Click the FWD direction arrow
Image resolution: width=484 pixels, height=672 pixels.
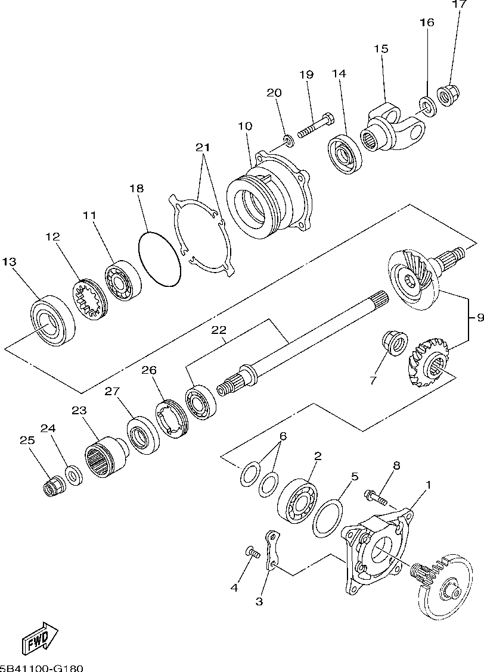pyautogui.click(x=40, y=639)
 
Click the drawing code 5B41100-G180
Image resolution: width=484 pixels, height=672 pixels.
pyautogui.click(x=42, y=667)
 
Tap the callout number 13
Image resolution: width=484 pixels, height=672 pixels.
pyautogui.click(x=9, y=262)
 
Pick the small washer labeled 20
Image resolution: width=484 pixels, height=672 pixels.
pyautogui.click(x=288, y=140)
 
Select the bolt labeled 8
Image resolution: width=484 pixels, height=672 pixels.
pyautogui.click(x=376, y=495)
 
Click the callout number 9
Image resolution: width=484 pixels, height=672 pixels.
pyautogui.click(x=479, y=318)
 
